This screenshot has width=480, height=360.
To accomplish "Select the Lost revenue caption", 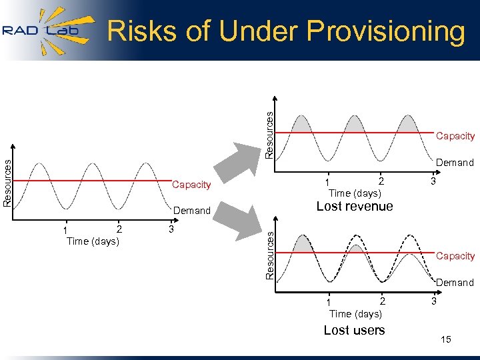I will [x=355, y=207].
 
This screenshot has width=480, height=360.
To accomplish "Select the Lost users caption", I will [x=354, y=330].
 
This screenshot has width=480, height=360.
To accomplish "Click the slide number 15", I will [x=446, y=340].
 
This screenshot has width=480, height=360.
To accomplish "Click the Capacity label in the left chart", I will [x=191, y=185].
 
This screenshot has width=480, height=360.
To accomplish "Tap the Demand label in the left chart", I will [x=191, y=211].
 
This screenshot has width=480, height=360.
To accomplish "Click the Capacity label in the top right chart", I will [x=455, y=136].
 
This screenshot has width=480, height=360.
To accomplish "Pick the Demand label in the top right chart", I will [x=455, y=163].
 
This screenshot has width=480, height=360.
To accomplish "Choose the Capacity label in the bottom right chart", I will [x=455, y=256].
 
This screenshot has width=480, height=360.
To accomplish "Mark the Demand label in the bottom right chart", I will [x=455, y=283].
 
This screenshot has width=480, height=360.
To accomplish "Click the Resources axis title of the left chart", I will [x=7, y=182].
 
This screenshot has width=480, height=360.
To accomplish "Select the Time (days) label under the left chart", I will [x=93, y=241].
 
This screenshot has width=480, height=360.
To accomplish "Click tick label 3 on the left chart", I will [x=171, y=229].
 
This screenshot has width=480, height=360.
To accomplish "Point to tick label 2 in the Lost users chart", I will [x=382, y=301].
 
